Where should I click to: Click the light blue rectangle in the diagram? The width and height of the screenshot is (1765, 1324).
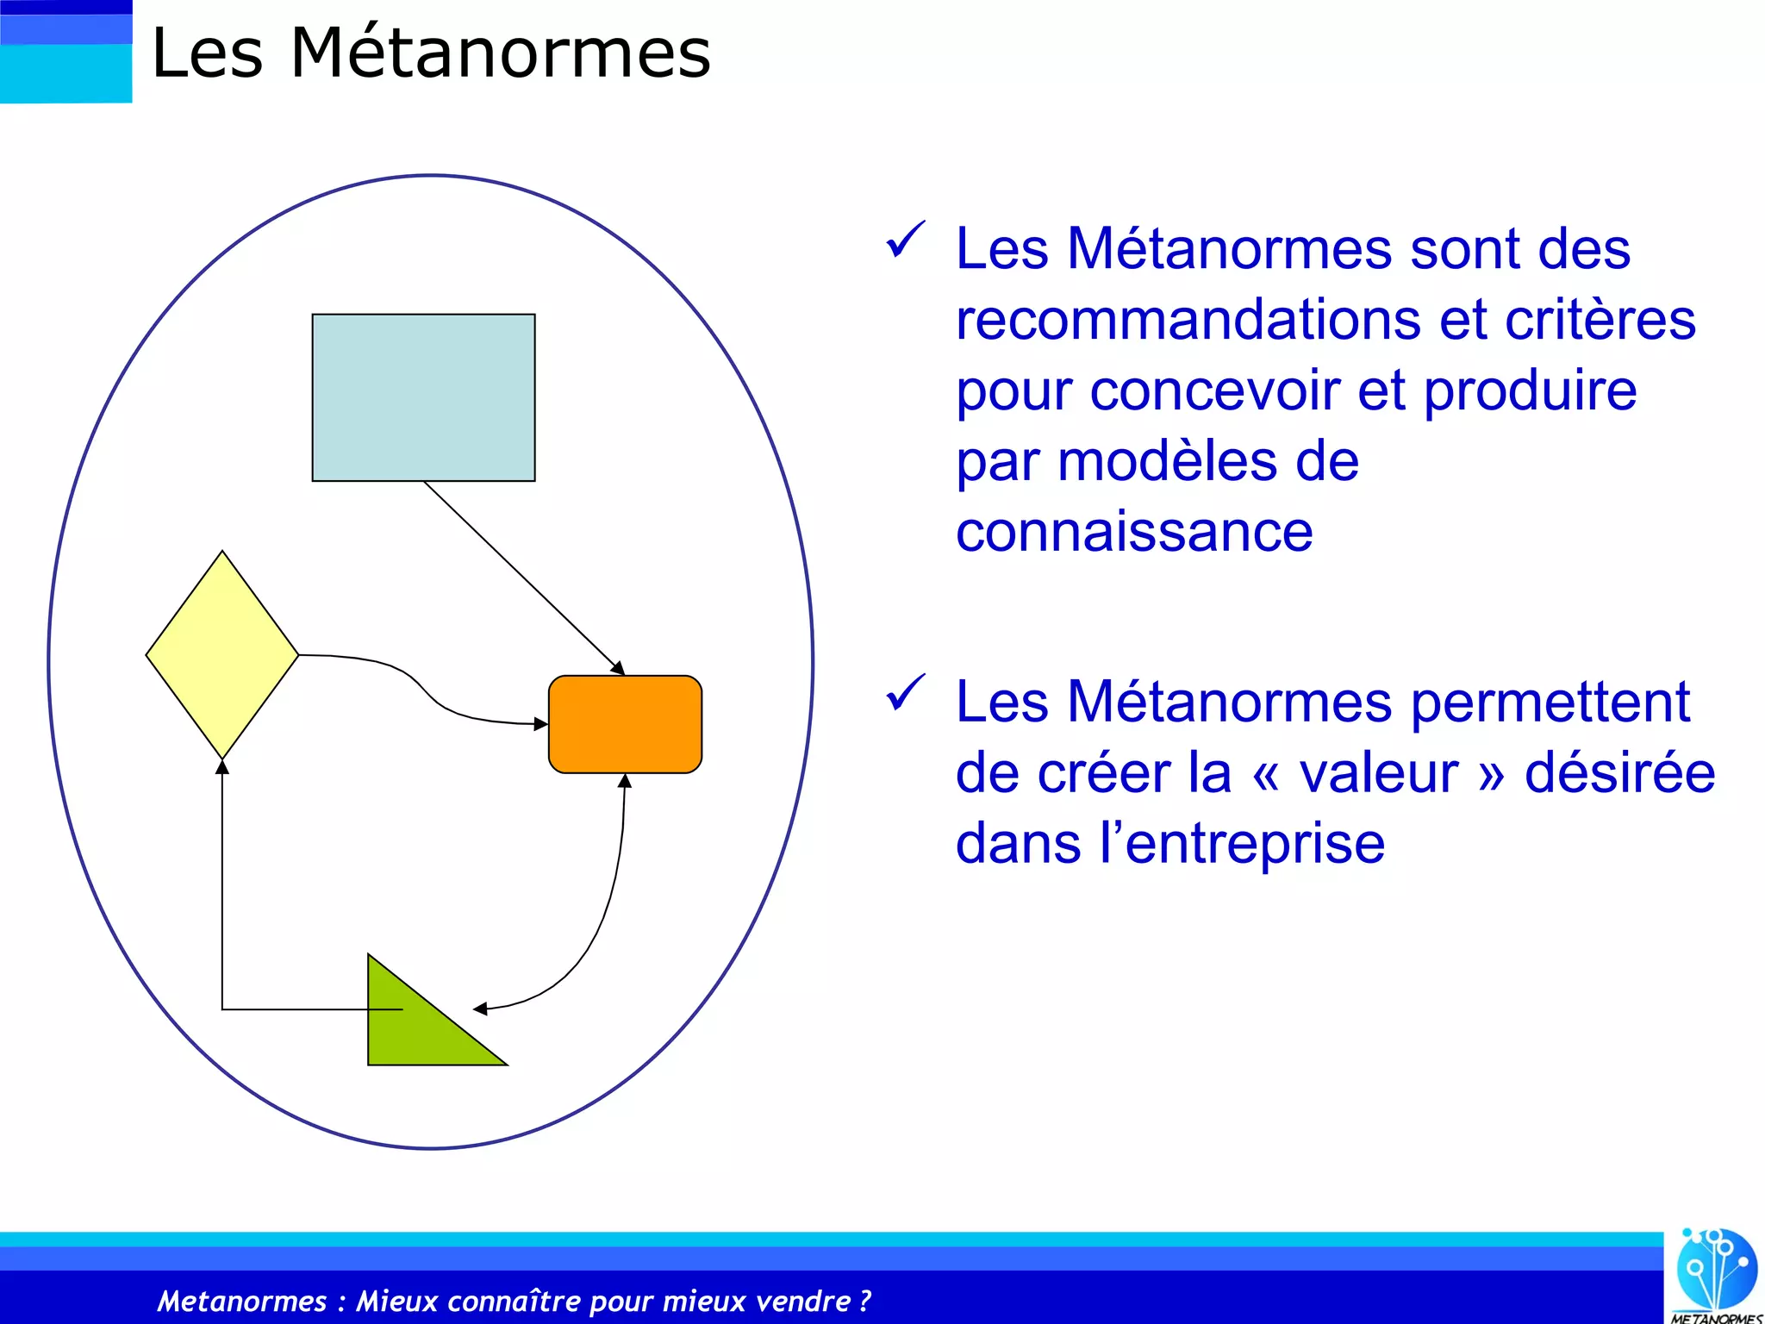[x=423, y=397]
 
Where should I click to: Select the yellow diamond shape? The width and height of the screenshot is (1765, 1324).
[x=222, y=655]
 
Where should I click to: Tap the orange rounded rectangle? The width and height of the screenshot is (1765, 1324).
[x=625, y=724]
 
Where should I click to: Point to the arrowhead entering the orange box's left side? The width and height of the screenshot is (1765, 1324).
[x=541, y=724]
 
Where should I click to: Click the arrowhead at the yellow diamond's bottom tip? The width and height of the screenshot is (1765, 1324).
[x=222, y=767]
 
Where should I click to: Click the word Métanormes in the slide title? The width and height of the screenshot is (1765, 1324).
[x=500, y=53]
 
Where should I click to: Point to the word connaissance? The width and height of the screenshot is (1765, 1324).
[x=1134, y=532]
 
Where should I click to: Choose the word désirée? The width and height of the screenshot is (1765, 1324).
[x=1619, y=772]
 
